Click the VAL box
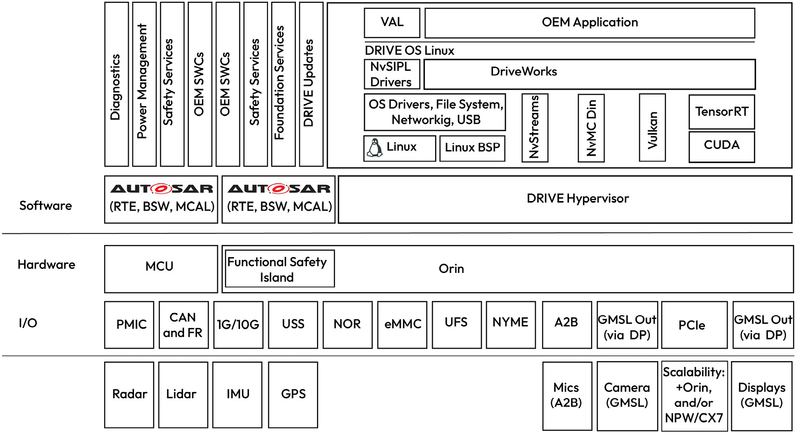coord(392,23)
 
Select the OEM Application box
coord(589,23)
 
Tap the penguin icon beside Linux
coord(374,148)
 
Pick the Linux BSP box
coord(472,148)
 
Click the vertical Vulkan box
coord(652,128)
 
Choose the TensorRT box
coord(721,112)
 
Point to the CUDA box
coord(721,146)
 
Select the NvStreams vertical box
coord(534,128)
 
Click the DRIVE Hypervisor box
coord(577,199)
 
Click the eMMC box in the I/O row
coord(402,325)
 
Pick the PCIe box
coord(694,325)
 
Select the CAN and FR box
coord(184,325)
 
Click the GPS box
coord(293,394)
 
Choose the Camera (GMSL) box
coord(627,395)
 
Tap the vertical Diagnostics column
coord(116,85)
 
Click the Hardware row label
coord(46,265)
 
